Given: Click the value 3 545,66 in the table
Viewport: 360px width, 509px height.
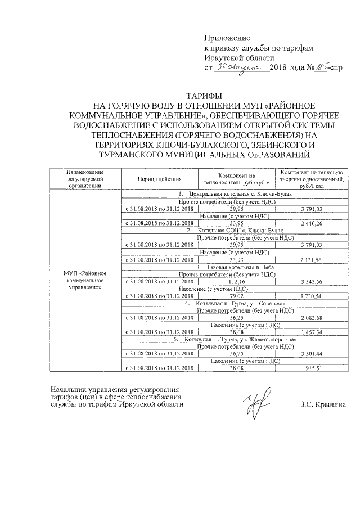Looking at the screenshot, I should [312, 281].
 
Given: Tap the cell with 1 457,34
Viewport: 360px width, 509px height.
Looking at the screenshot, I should [312, 332].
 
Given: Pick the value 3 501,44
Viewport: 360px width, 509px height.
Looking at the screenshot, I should [312, 354].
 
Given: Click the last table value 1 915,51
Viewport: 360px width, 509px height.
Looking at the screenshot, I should [312, 368].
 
